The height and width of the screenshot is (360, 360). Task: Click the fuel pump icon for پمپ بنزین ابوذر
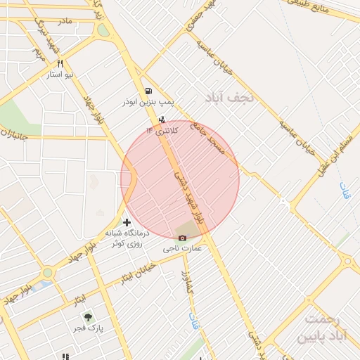pos(148,91)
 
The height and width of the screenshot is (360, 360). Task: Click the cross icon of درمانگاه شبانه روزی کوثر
pos(127,223)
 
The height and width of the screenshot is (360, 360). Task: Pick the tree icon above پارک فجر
pos(88,318)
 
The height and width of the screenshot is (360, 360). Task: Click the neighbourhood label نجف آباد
pos(232,98)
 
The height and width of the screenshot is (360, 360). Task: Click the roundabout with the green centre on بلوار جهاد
pos(47,273)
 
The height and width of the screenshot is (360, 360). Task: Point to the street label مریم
pos(39,53)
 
